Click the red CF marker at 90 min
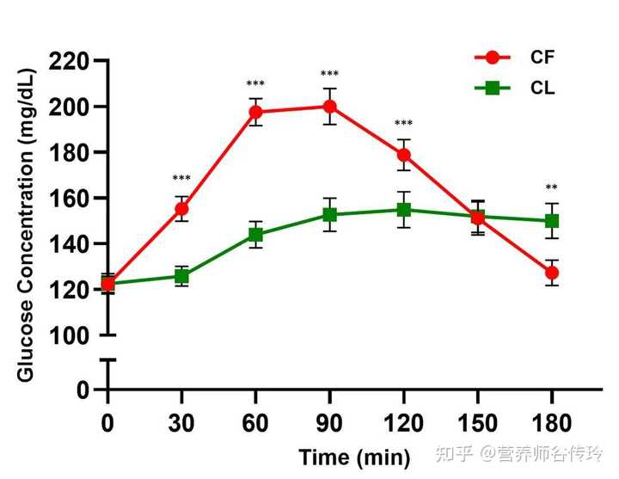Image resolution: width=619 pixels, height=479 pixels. pyautogui.click(x=329, y=107)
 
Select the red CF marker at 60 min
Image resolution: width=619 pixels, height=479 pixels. pyautogui.click(x=255, y=112)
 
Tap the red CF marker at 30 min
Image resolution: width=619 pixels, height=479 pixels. pyautogui.click(x=181, y=209)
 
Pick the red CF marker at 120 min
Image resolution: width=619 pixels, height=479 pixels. pyautogui.click(x=403, y=155)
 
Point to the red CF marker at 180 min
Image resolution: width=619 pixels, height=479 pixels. pyautogui.click(x=551, y=273)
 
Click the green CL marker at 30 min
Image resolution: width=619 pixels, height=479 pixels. pyautogui.click(x=181, y=276)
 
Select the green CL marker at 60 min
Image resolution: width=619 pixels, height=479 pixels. pyautogui.click(x=255, y=235)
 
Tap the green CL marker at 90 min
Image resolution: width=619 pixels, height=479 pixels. pyautogui.click(x=329, y=215)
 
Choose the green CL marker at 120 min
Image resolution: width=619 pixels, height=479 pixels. pyautogui.click(x=403, y=210)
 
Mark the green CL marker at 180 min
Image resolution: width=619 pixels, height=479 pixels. pyautogui.click(x=551, y=221)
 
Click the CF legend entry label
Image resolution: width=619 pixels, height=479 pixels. pyautogui.click(x=542, y=58)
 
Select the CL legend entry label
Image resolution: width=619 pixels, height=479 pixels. pyautogui.click(x=542, y=88)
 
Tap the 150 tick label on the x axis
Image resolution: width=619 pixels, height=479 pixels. pyautogui.click(x=477, y=423)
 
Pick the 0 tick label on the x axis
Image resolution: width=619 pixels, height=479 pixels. pyautogui.click(x=107, y=423)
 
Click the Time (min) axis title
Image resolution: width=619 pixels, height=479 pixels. pyautogui.click(x=354, y=458)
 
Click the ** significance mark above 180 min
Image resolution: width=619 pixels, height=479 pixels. pyautogui.click(x=551, y=188)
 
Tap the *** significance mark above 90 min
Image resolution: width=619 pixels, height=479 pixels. pyautogui.click(x=329, y=75)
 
